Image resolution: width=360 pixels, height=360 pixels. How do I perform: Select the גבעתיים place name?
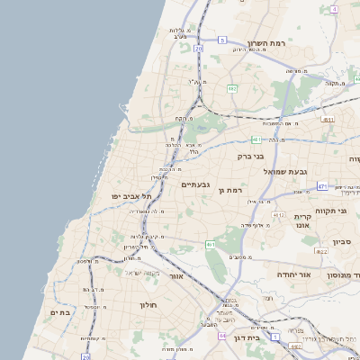coord(195,184)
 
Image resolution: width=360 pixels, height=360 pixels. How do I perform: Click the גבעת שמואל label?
coord(285,171)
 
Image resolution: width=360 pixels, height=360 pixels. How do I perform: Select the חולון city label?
coord(148,305)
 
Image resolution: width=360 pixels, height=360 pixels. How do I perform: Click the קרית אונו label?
coord(302,220)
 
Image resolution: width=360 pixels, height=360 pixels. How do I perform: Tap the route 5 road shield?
coord(222,40)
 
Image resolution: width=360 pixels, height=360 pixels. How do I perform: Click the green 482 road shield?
coord(232,88)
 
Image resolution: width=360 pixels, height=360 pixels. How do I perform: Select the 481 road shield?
coord(256,139)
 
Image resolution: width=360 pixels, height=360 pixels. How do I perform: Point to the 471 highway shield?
coord(321,186)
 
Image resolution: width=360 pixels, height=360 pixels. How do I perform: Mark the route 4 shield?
coord(334,9)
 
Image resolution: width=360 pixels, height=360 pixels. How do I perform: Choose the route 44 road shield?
coord(221,335)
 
